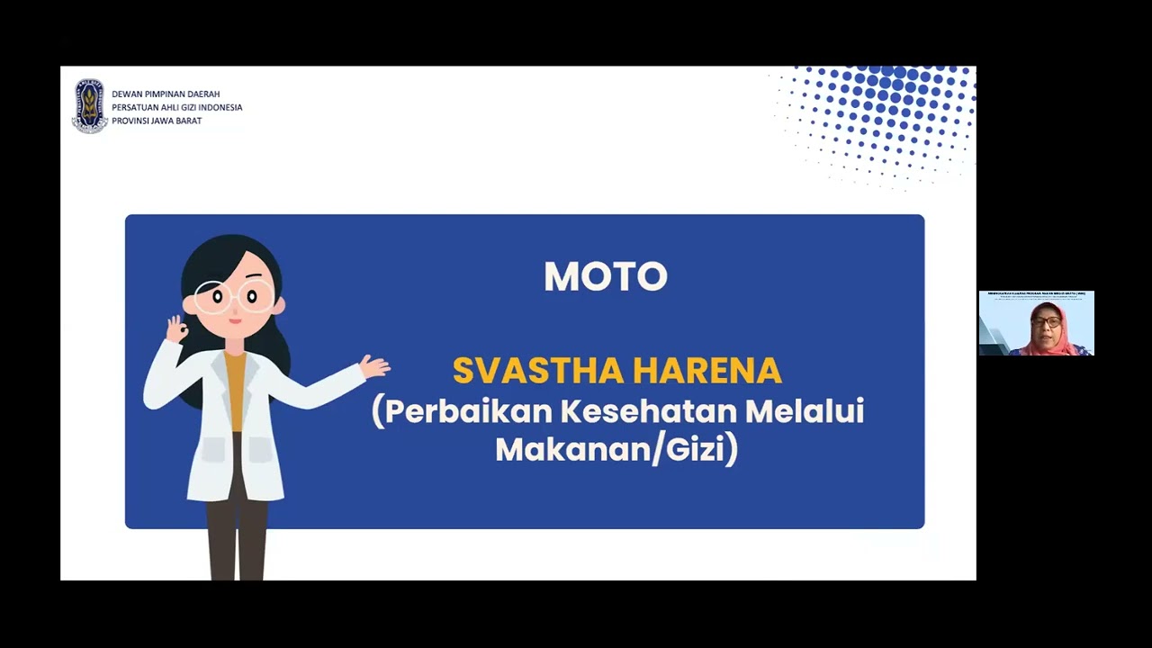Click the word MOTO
click(605, 277)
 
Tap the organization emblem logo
click(89, 106)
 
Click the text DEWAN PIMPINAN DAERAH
click(166, 94)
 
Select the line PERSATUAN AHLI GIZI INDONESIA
click(176, 107)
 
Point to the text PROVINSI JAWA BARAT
click(157, 121)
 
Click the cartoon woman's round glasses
click(235, 296)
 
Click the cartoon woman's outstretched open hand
click(374, 366)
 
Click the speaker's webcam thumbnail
click(1036, 323)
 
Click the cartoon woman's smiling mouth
click(234, 320)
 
